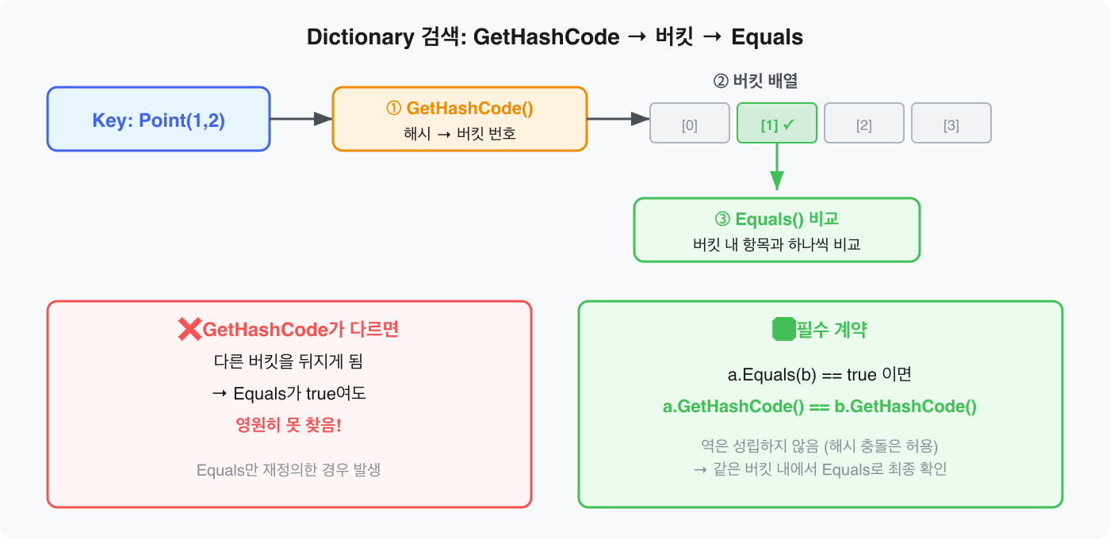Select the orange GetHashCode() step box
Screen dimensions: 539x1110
pyautogui.click(x=459, y=119)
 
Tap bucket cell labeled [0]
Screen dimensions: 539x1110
pyautogui.click(x=689, y=124)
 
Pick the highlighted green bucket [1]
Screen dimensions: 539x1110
pyautogui.click(x=776, y=124)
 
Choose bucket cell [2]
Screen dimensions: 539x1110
pyautogui.click(x=863, y=124)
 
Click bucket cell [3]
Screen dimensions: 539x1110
pyautogui.click(x=951, y=124)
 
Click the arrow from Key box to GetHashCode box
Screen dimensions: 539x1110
pyautogui.click(x=300, y=119)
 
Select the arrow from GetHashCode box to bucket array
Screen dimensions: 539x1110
pyautogui.click(x=618, y=119)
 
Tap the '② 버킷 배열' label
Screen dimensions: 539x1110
pyautogui.click(x=760, y=81)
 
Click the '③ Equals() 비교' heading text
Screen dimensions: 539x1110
pyautogui.click(x=776, y=219)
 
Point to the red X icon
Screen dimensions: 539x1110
pyautogui.click(x=189, y=330)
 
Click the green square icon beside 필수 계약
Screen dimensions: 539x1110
pyautogui.click(x=783, y=330)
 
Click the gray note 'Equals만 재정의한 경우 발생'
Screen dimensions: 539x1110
pyautogui.click(x=289, y=469)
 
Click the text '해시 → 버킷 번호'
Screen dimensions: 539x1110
pyautogui.click(x=459, y=133)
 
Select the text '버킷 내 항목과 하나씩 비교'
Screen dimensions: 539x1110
pyautogui.click(x=776, y=244)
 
